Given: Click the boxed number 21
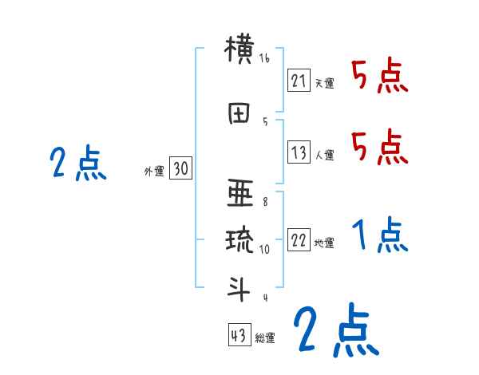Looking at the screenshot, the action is tap(299, 81).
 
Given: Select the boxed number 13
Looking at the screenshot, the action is tap(299, 152).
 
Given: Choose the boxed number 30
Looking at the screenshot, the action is tap(180, 168).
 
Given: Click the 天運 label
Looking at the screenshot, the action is tap(324, 83).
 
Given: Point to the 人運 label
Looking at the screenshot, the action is tap(324, 155).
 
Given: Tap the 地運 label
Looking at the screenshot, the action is tap(324, 243).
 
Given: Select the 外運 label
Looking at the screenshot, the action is tap(153, 170).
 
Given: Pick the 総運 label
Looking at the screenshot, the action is tap(265, 337).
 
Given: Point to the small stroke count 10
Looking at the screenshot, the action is tap(267, 249).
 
